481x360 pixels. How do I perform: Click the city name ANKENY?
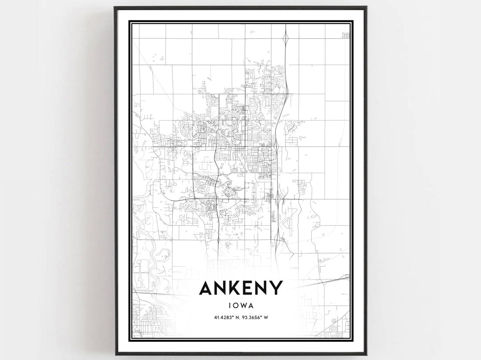click(240, 288)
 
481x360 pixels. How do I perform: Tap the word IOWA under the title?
click(240, 306)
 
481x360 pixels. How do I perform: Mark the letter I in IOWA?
click(230, 306)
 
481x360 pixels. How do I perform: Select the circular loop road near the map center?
click(231, 193)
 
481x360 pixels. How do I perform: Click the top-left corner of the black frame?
click(115, 8)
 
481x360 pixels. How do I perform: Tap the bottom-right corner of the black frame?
click(366, 354)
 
